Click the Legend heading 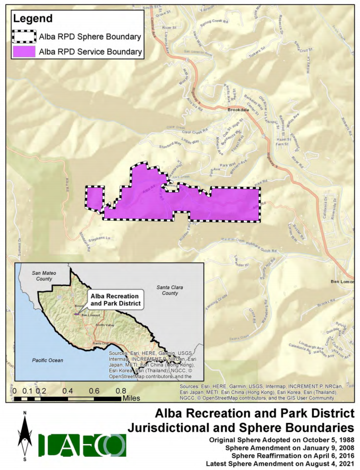click(33, 19)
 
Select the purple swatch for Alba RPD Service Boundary click(24, 51)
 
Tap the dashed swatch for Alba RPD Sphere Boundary click(24, 37)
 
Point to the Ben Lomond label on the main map click(341, 281)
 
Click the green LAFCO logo click(82, 445)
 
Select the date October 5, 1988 click(321, 441)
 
